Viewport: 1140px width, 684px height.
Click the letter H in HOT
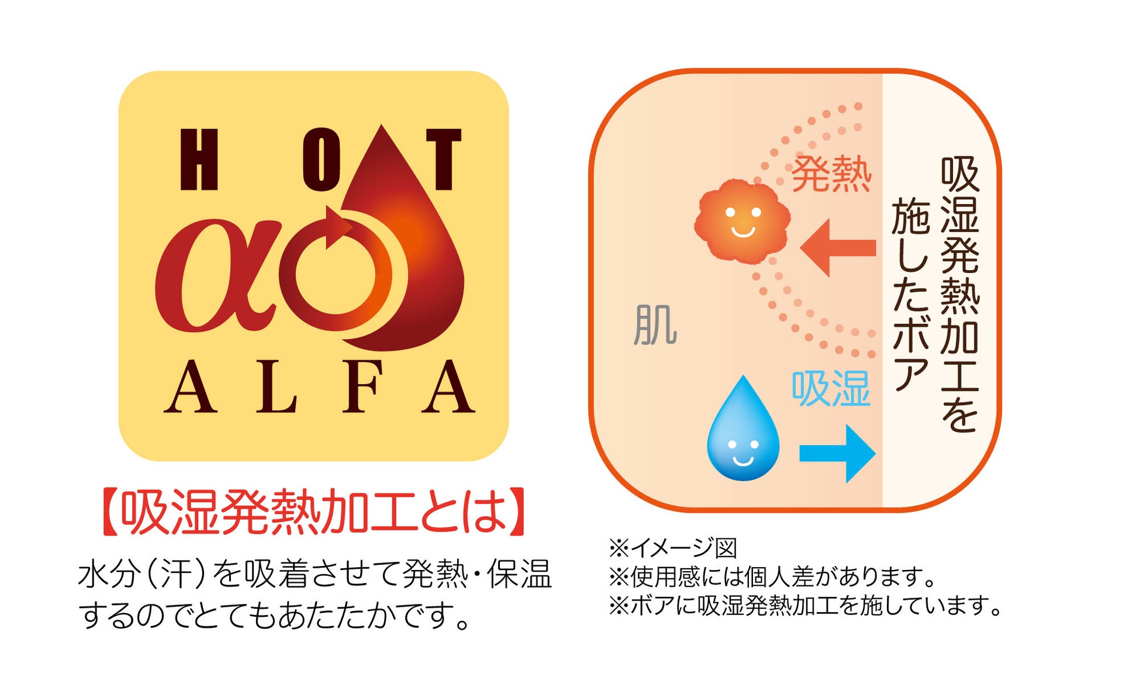click(199, 160)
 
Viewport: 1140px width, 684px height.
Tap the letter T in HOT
click(444, 160)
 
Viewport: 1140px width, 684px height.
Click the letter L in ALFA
click(277, 387)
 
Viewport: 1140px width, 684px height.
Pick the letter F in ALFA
click(362, 387)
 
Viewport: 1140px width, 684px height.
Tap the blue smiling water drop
click(743, 433)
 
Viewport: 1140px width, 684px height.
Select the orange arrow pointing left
click(838, 248)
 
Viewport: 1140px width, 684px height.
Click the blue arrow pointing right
click(837, 454)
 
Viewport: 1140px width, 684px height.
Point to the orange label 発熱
click(831, 174)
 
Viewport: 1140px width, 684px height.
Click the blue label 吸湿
click(831, 389)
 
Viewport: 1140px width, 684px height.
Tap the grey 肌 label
click(655, 325)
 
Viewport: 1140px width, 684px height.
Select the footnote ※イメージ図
click(672, 548)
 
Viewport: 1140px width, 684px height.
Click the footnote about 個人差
click(772, 577)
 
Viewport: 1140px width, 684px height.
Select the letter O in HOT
click(321, 160)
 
